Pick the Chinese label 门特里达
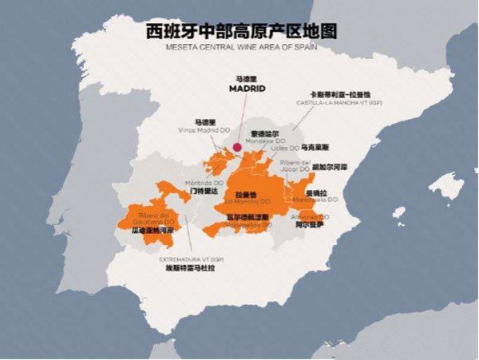point(204,192)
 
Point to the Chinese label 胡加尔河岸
point(328,168)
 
